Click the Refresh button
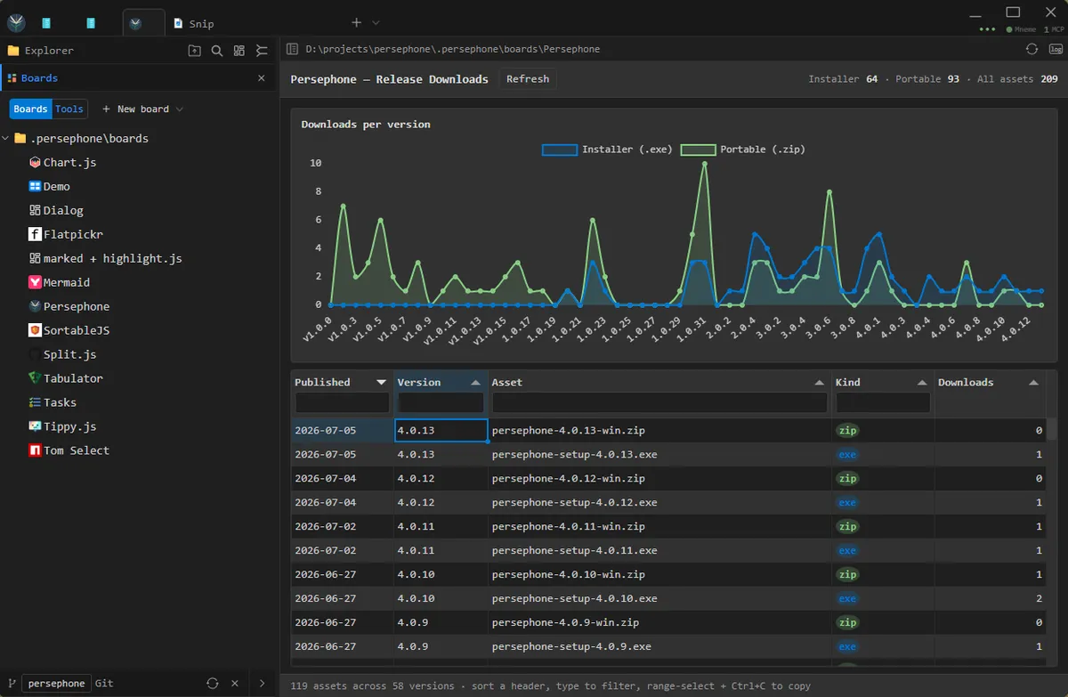pos(527,79)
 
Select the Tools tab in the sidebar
pos(69,109)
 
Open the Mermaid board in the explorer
pos(66,282)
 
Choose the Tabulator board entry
pos(73,378)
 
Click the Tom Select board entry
pos(77,450)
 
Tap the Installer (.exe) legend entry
pos(607,150)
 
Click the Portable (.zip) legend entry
pos(743,150)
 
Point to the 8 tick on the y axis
pos(318,191)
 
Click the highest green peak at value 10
pos(704,164)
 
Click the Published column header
pos(322,383)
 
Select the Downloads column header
pos(966,383)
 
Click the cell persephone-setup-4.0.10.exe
pos(574,598)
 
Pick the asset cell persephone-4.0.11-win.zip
pos(568,526)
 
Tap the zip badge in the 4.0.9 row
pos(847,622)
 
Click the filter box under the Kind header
pos(883,403)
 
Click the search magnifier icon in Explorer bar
pos(217,51)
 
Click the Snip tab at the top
pos(194,23)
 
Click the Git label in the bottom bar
pos(104,683)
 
